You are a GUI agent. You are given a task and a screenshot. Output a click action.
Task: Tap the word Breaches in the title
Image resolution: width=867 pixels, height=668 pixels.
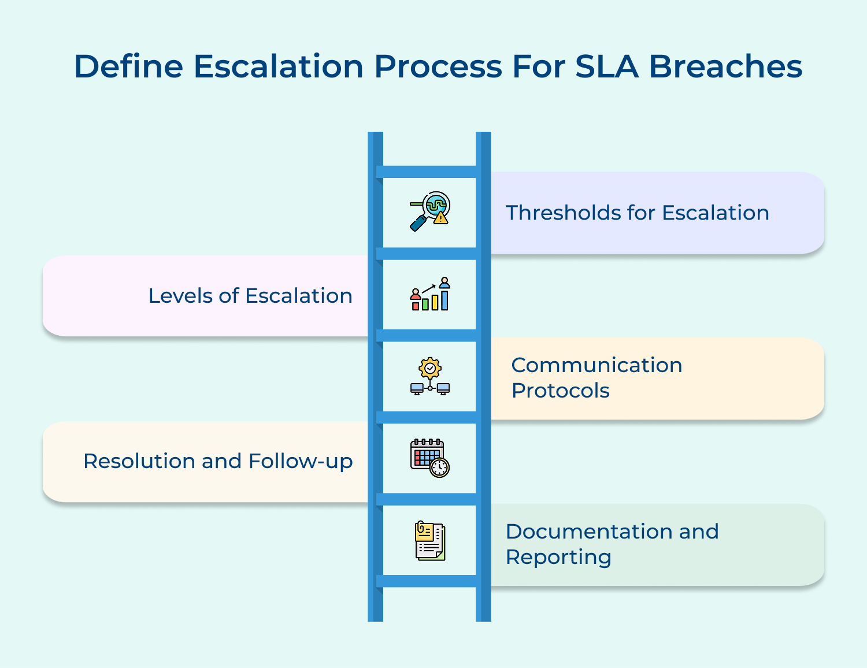tap(725, 66)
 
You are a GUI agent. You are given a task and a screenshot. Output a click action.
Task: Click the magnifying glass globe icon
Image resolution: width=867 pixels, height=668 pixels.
tap(429, 211)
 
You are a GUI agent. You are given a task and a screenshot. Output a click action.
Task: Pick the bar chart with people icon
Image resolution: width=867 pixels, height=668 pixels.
tap(429, 294)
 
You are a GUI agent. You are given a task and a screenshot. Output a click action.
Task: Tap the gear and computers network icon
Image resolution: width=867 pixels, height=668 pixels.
tap(429, 376)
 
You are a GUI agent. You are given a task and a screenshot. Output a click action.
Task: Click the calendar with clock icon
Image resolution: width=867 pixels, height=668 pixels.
tap(429, 458)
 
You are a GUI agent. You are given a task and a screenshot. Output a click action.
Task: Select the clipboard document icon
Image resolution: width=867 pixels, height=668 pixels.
tap(429, 541)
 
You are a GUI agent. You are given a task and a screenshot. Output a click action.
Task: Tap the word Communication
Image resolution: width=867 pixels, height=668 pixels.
tap(596, 365)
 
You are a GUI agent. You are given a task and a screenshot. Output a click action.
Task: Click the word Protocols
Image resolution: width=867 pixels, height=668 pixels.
tap(560, 391)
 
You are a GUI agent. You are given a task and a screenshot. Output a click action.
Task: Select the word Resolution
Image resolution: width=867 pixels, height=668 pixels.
tap(139, 461)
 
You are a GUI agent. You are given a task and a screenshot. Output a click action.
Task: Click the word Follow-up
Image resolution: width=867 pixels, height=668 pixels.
tap(300, 461)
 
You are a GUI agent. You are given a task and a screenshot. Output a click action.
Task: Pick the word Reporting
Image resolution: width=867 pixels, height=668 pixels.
tap(558, 557)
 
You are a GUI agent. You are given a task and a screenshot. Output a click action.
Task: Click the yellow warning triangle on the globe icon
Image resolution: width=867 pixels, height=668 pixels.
tap(441, 218)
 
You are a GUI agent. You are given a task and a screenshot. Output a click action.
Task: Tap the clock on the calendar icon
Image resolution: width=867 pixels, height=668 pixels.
tap(440, 467)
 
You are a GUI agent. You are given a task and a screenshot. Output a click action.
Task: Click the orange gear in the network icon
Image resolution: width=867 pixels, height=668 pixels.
tap(430, 368)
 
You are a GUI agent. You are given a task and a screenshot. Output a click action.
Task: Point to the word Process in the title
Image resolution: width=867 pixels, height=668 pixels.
tap(438, 66)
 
